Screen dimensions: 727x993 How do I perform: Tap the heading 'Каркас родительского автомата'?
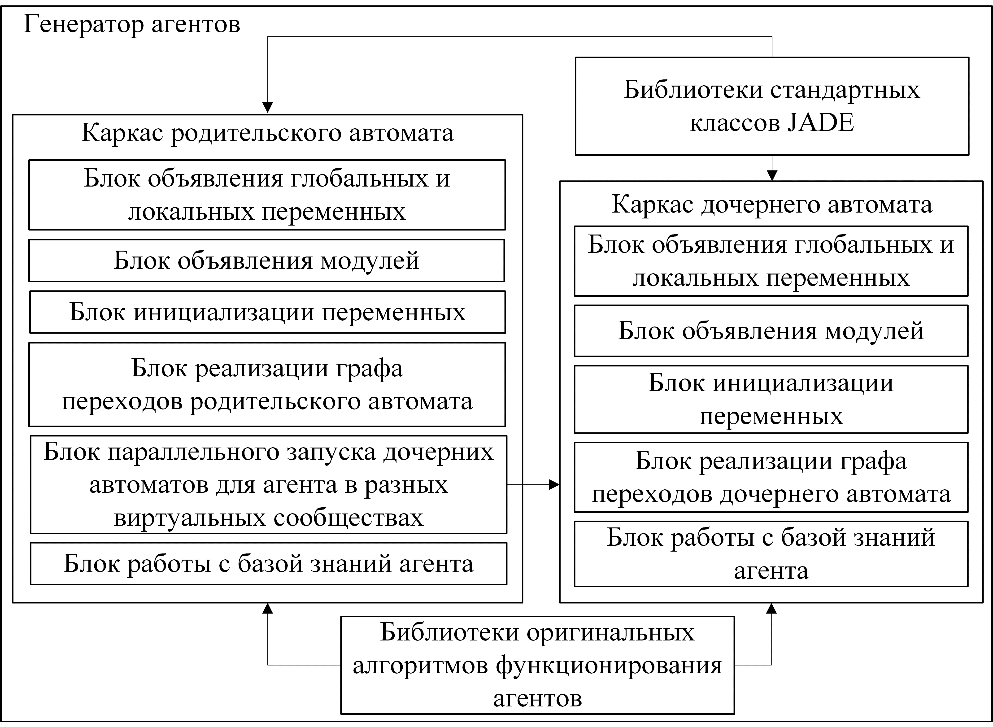point(267,133)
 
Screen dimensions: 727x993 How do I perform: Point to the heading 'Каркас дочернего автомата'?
point(772,205)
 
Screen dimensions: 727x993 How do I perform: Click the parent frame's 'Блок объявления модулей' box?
point(267,261)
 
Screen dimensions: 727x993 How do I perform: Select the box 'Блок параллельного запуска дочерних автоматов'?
point(268,484)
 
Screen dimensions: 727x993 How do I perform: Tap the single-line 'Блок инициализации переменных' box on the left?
point(267,312)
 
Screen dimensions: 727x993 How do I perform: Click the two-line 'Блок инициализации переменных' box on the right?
point(771,399)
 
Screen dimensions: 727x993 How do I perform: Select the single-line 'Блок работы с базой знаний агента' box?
point(268,564)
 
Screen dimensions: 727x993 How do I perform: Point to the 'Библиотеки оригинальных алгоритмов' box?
point(537,665)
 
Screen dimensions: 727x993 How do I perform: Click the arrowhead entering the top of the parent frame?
point(267,108)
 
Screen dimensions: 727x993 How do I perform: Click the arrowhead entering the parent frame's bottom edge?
point(267,609)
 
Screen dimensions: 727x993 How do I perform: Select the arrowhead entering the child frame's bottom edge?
point(771,609)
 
